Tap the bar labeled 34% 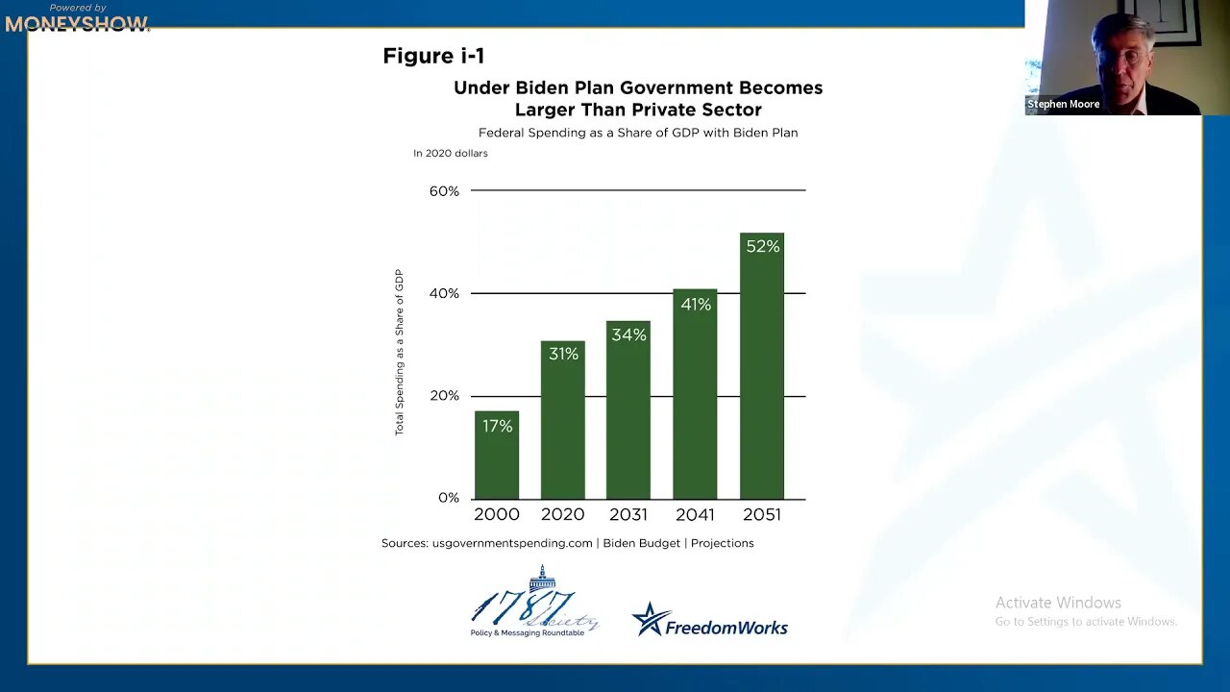point(628,413)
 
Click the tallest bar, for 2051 point(762,375)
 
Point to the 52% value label point(762,247)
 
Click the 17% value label point(497,426)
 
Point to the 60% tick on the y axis point(444,191)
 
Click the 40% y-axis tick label point(444,293)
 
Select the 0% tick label point(449,498)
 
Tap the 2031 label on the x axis point(628,515)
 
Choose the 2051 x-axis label point(762,515)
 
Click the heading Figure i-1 point(433,56)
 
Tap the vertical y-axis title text point(400,352)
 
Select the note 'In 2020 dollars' point(451,154)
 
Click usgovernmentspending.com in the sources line point(512,543)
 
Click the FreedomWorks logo point(710,622)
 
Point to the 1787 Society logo point(534,604)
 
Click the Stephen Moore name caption point(1064,104)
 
